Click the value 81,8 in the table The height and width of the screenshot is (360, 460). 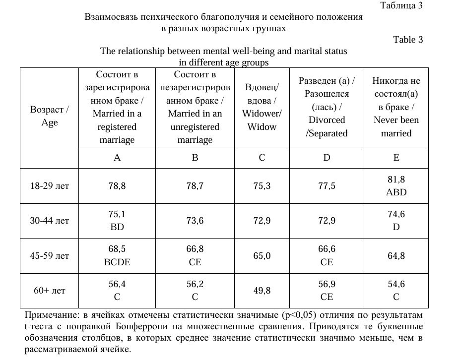coord(396,180)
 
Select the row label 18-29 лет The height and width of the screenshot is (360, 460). coord(50,186)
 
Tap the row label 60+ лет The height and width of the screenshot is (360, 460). coord(50,291)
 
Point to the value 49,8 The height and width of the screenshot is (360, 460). coord(262,291)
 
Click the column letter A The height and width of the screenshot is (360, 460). coord(117,158)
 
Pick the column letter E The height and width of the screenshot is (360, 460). coord(396,158)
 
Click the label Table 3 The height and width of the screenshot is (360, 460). coord(408,40)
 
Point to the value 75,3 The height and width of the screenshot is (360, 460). coord(262,186)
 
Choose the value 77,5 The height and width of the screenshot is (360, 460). coord(327,186)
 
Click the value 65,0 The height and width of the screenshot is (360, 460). coord(262,256)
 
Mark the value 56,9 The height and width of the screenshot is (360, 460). coord(327,284)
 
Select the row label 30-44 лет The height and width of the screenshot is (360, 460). coord(50,221)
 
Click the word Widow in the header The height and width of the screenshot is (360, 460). coord(262,126)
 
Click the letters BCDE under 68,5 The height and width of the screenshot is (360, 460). coord(117,262)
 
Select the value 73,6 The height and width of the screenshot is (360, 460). coord(195,221)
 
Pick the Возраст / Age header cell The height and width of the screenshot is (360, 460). coord(50,116)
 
